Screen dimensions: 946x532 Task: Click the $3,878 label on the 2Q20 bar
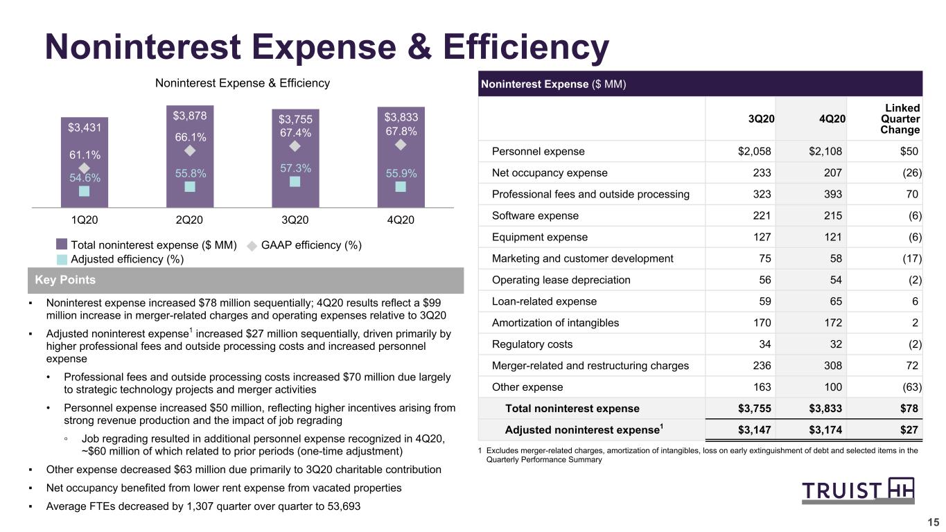(x=190, y=116)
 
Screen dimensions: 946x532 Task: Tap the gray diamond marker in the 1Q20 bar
(x=84, y=168)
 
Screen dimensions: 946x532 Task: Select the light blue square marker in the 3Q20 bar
(x=295, y=181)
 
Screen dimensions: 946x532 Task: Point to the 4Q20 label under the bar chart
(x=401, y=220)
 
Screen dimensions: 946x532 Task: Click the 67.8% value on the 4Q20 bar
(x=401, y=132)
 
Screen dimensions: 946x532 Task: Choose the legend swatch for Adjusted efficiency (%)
(x=62, y=259)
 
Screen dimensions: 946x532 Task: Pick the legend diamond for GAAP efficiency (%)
(x=252, y=246)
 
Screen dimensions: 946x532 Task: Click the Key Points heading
(x=65, y=280)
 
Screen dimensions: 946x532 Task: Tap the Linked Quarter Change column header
(x=900, y=118)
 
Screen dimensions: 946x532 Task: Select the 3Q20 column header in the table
(x=761, y=119)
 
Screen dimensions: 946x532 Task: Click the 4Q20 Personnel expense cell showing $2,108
(x=825, y=151)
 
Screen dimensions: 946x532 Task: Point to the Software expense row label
(x=535, y=215)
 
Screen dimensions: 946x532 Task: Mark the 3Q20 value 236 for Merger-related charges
(x=762, y=366)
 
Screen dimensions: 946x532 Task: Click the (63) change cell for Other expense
(x=912, y=387)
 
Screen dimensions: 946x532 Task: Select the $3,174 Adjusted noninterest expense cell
(x=825, y=429)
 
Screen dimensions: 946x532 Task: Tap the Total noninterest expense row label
(x=572, y=409)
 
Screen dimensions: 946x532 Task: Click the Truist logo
(x=858, y=490)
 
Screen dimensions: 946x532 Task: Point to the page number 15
(x=933, y=522)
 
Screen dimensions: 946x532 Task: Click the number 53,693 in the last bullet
(x=344, y=506)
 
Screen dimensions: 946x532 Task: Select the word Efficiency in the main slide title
(x=526, y=47)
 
